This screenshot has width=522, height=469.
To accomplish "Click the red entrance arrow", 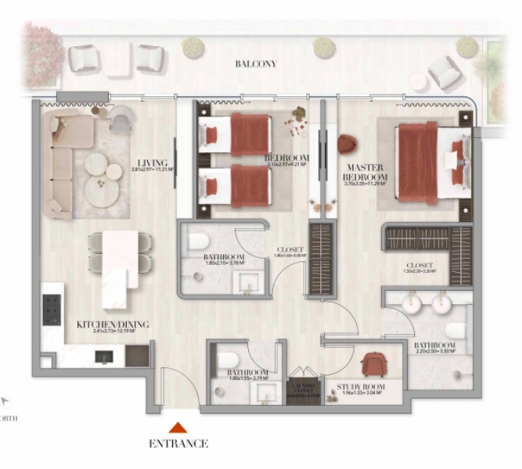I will coord(178,427).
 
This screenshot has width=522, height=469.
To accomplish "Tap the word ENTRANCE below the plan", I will coord(178,444).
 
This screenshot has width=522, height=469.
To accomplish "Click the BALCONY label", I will coord(256,64).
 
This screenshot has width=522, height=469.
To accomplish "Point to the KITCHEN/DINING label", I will coord(113,324).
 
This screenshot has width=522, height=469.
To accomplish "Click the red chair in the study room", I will coord(373,364).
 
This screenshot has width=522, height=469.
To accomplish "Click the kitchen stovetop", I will coord(52,310).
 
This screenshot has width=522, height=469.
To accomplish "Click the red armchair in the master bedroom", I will coord(347,144).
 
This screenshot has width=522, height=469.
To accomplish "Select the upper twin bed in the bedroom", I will coord(235,134).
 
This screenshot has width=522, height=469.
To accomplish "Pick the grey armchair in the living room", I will coord(122,120).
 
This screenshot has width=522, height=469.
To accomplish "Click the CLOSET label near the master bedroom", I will coord(421,265).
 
